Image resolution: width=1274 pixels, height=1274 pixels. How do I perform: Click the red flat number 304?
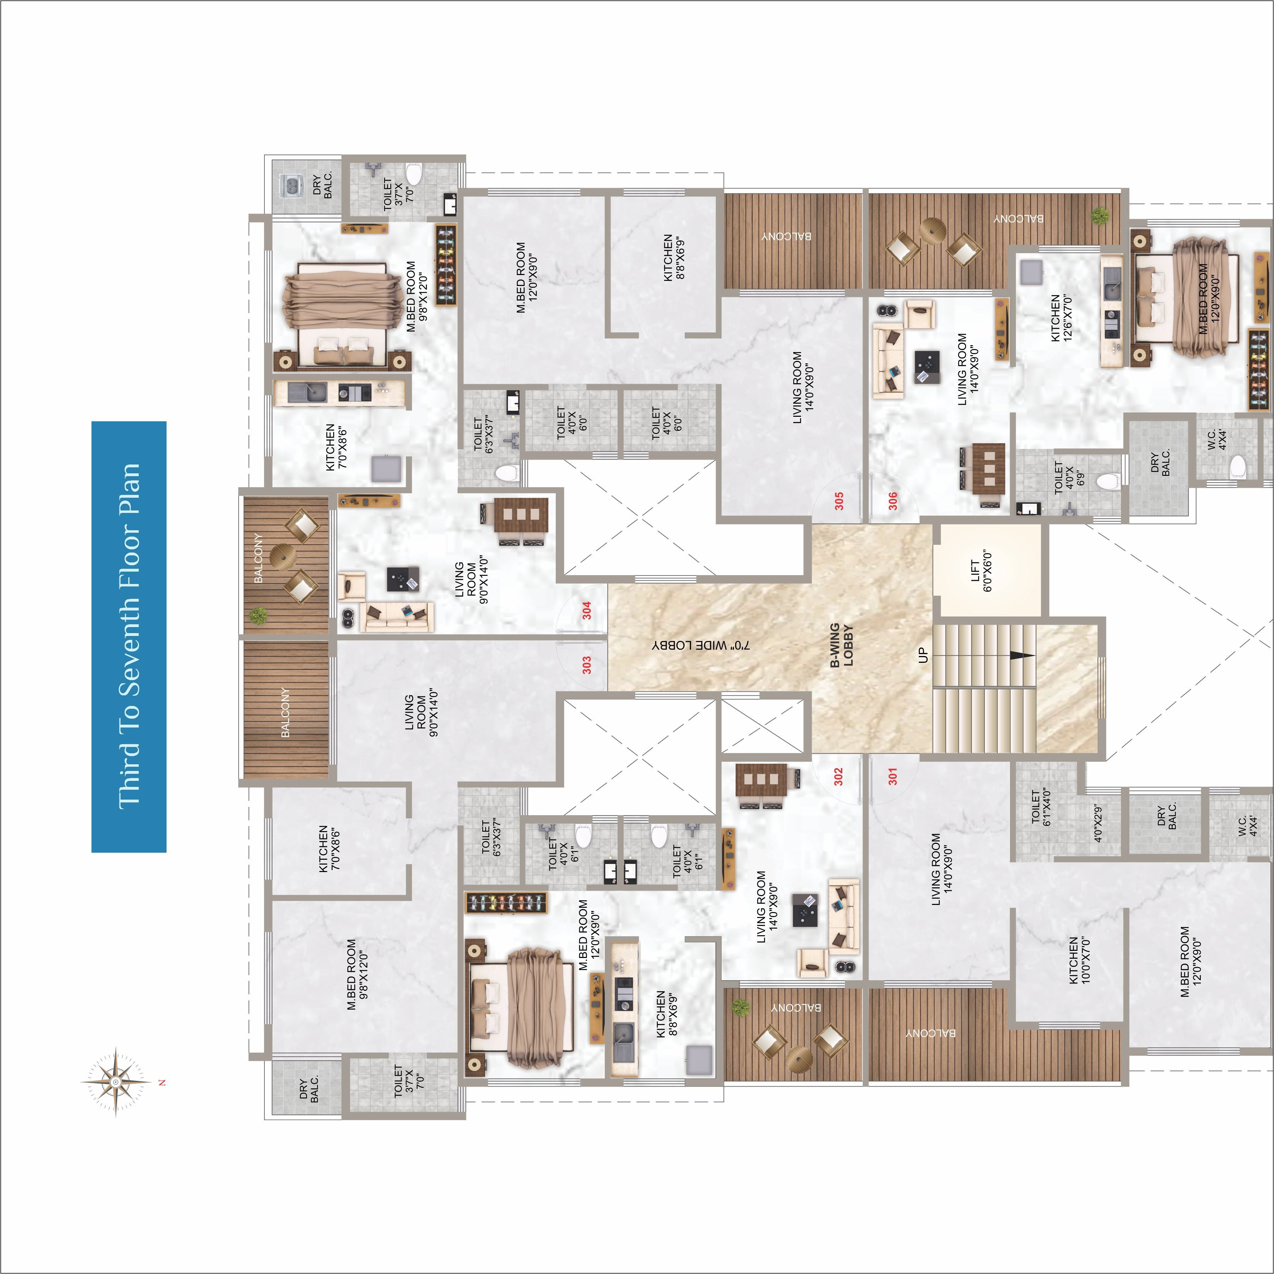pos(586,610)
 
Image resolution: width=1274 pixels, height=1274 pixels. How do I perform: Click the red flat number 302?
pos(838,776)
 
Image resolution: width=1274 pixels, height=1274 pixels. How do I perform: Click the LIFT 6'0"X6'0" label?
pos(981,571)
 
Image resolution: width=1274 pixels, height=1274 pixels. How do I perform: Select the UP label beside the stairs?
pos(923,655)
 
